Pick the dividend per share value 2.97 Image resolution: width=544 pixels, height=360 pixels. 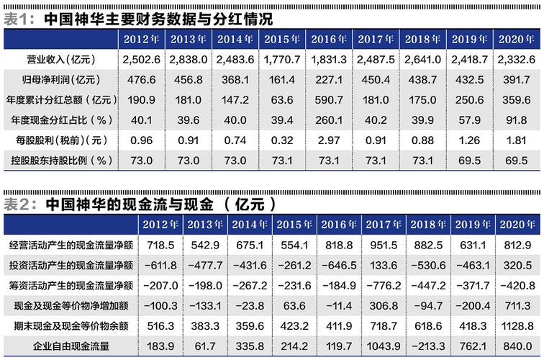pos(328,139)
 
